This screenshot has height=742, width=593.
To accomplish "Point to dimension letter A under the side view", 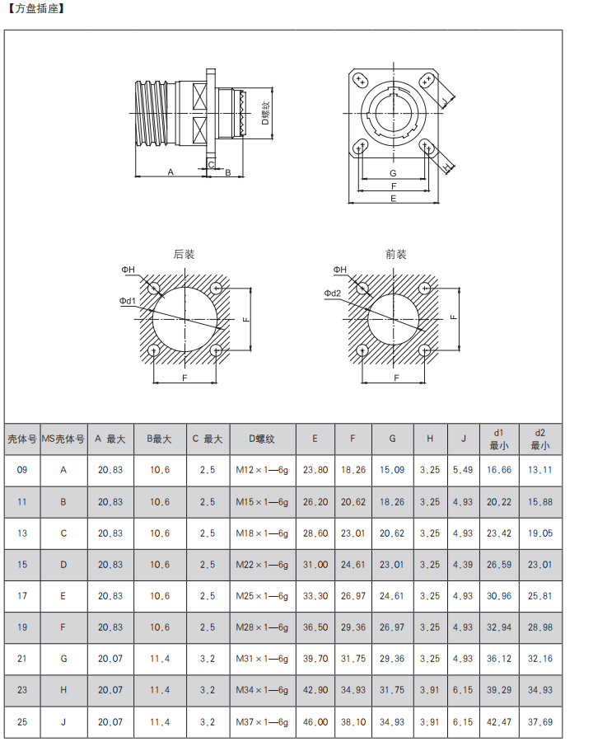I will pos(170,171).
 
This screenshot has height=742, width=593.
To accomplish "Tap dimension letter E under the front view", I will pos(394,199).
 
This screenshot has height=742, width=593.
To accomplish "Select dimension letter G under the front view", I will pos(394,173).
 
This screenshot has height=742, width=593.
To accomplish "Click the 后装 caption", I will pos(184,255).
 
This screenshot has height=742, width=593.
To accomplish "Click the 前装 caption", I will pos(396,255).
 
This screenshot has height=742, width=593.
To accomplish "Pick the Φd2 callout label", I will pos(333,294).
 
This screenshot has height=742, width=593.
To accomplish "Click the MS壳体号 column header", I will pos(63,439).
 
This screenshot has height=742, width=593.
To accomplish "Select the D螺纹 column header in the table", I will pos(261,439).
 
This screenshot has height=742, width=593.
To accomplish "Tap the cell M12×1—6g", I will pos(261,470).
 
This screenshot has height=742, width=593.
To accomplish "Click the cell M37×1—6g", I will pos(261,722).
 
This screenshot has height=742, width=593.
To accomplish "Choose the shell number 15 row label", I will pos(22,565).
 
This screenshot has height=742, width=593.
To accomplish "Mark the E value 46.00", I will pos(315,722).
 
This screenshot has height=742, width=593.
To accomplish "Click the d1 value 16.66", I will pos(499,470).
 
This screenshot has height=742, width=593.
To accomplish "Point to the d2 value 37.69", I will pos(540,722).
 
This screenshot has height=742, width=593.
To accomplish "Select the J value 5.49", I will pos(464,470).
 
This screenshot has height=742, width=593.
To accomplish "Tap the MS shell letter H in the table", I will pos(63,691).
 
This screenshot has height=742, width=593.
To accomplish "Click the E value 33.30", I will pos(315,596).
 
